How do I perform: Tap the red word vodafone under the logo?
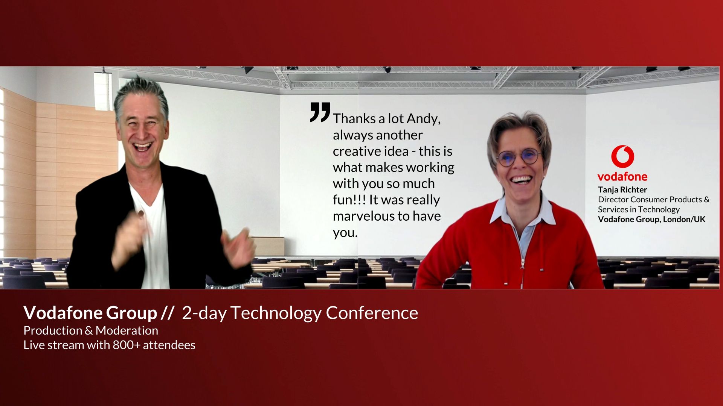(x=622, y=176)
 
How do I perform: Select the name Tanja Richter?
(x=622, y=189)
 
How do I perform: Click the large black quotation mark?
(x=320, y=112)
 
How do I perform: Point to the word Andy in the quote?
(x=424, y=119)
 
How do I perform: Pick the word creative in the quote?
(x=352, y=151)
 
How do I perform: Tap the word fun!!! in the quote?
(x=349, y=200)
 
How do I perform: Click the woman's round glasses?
(x=519, y=157)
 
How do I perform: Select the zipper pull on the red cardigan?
(x=523, y=263)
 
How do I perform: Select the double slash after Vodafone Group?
(x=167, y=313)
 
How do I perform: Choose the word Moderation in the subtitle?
(x=127, y=330)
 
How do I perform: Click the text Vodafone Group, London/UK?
(x=651, y=220)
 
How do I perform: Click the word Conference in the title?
(x=372, y=313)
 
